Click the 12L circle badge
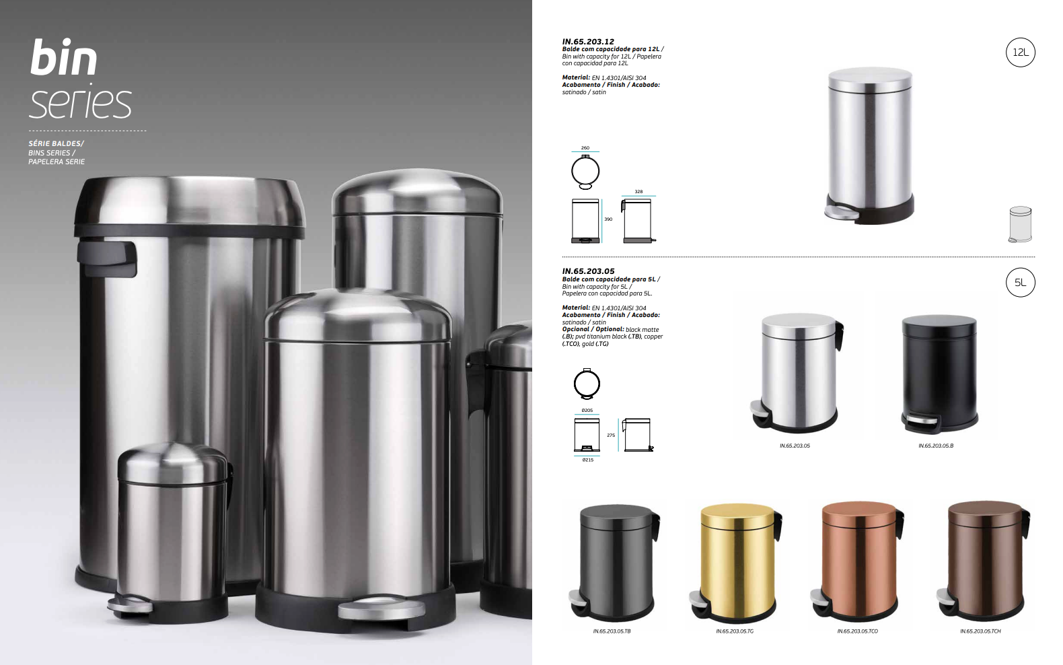(1021, 53)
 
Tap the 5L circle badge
(1021, 283)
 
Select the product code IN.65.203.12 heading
(588, 42)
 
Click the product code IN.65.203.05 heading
(588, 271)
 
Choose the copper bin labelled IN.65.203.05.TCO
(857, 561)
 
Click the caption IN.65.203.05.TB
(612, 631)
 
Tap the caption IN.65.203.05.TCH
(980, 631)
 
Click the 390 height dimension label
(608, 219)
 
